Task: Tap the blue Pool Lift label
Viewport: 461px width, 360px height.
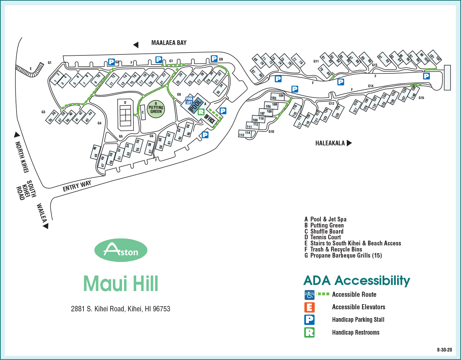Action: [x=189, y=101]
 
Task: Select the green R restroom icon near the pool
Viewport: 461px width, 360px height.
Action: [x=201, y=112]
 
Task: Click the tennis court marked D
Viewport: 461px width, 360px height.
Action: [x=125, y=115]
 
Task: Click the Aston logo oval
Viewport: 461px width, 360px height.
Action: [x=121, y=250]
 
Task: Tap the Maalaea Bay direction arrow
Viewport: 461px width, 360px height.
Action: [x=136, y=45]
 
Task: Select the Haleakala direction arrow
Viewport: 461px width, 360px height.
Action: [x=349, y=143]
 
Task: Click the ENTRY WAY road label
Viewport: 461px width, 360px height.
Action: [x=77, y=186]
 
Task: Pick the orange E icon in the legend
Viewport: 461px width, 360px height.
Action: [x=309, y=307]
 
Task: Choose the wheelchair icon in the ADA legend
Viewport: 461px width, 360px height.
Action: [x=309, y=295]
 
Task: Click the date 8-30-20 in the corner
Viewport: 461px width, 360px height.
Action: [x=444, y=350]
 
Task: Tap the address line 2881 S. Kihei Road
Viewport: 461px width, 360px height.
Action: [x=121, y=309]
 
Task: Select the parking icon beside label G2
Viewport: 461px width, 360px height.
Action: [x=111, y=62]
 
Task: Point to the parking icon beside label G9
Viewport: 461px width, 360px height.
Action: [x=214, y=58]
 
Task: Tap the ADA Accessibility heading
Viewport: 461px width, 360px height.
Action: [x=357, y=281]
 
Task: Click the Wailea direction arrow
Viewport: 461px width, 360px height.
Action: [x=46, y=226]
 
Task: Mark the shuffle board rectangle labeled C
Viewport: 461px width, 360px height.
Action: [x=143, y=112]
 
